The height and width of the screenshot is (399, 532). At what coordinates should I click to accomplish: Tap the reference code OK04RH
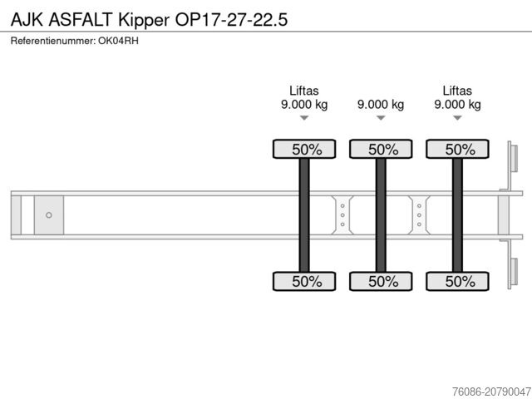point(122,41)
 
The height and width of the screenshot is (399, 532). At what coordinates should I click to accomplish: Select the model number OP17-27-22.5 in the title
point(232,17)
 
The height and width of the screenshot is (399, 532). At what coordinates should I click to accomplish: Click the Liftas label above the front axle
point(304,91)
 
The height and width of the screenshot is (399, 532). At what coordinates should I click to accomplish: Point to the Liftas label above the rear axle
point(457,91)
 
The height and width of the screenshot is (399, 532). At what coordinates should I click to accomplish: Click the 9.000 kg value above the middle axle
point(381,105)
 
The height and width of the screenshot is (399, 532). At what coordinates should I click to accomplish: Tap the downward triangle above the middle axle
point(381,118)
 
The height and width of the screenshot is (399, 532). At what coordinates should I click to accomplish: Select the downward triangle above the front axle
point(304,118)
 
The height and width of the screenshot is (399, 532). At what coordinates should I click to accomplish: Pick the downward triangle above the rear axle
point(457,118)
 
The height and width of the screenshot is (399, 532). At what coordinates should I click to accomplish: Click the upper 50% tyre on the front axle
point(304,150)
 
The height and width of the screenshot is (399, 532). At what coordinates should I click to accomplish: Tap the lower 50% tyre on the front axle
point(304,282)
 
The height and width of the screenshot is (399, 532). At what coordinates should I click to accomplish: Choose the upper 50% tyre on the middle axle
point(381,150)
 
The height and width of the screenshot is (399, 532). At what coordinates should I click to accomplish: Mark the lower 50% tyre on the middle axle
point(381,282)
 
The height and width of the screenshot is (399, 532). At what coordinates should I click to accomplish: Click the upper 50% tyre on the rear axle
point(457,150)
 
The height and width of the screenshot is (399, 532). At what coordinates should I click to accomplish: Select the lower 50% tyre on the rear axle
point(457,282)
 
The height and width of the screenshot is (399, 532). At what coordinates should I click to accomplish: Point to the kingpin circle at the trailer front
point(49,215)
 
